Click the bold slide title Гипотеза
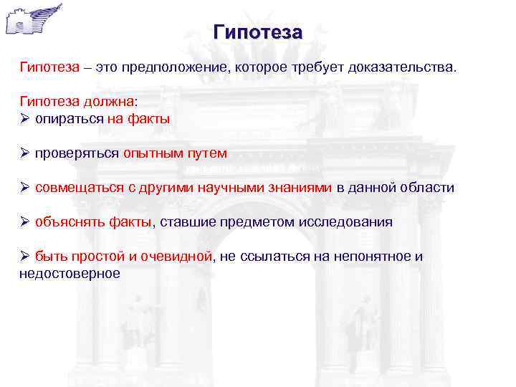click(258, 32)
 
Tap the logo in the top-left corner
click(32, 20)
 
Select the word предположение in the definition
click(168, 67)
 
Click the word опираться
click(69, 119)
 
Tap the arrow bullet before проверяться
click(24, 153)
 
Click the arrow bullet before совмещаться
click(24, 187)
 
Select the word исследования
click(345, 221)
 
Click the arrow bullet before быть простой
click(24, 256)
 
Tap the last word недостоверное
click(70, 273)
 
